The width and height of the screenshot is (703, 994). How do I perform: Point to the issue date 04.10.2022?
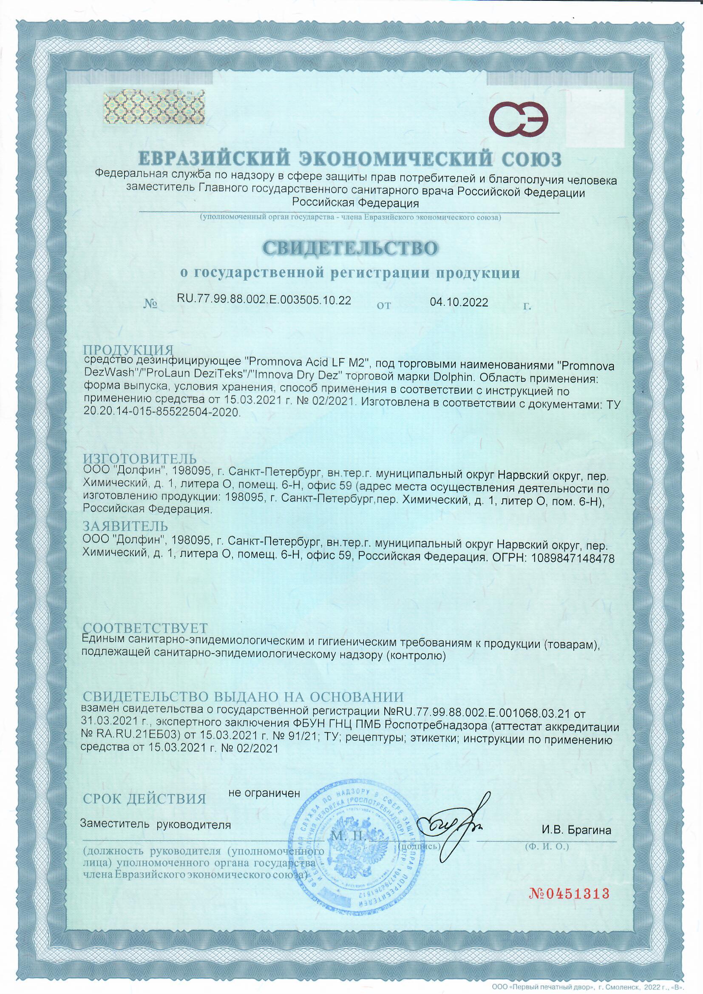point(459,302)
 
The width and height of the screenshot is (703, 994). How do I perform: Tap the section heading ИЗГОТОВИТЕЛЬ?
point(140,458)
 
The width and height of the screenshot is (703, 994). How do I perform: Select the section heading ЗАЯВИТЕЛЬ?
point(125,526)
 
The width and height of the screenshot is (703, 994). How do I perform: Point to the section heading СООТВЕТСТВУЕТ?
point(145,628)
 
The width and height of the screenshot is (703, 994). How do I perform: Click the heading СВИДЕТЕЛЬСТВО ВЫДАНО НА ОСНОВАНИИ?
point(243,697)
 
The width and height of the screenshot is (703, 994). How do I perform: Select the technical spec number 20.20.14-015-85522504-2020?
point(161,412)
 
